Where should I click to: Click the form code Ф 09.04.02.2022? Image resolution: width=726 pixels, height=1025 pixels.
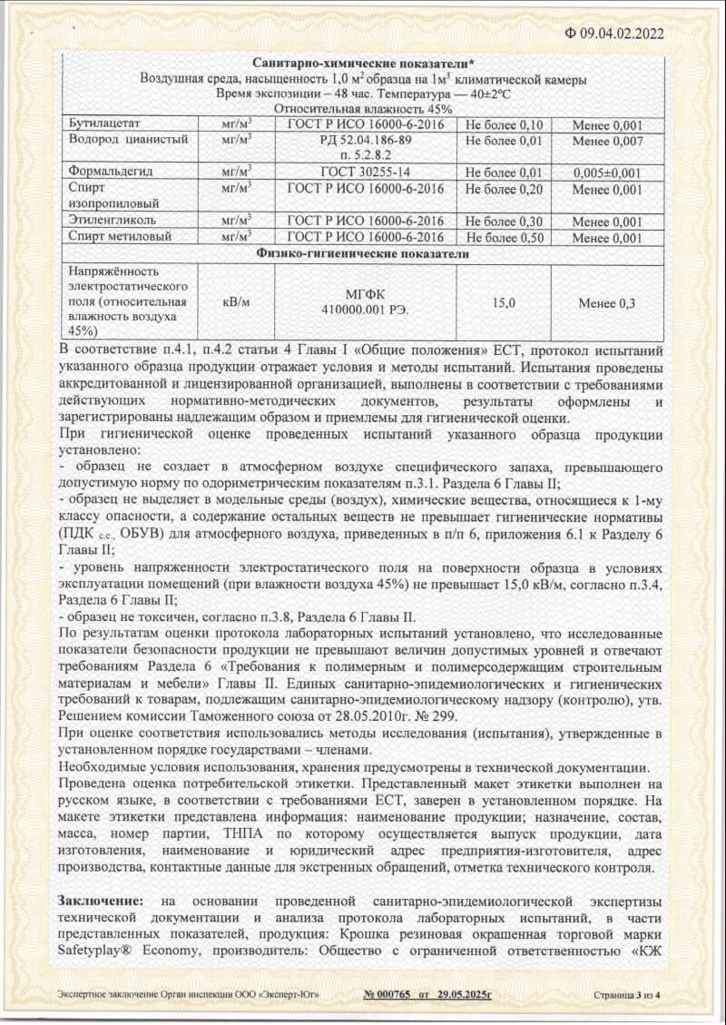click(x=614, y=34)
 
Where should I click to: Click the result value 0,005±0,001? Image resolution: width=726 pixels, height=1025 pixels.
click(x=607, y=172)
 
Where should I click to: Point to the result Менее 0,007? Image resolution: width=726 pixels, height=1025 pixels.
click(x=607, y=141)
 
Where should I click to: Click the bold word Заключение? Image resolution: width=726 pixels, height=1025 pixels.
click(x=101, y=900)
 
